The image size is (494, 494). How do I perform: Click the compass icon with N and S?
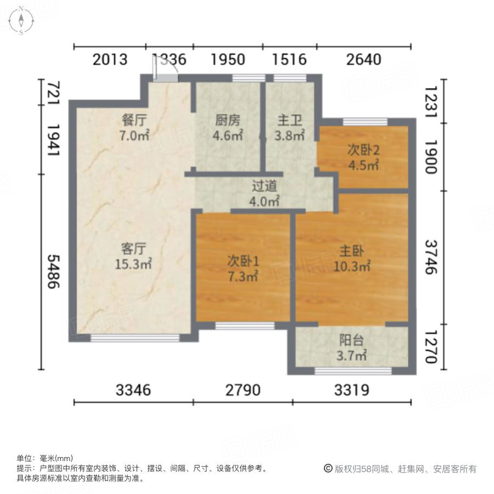click(x=21, y=20)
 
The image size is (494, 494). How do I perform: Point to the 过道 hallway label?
click(x=264, y=187)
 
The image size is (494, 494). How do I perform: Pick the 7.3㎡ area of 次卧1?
click(x=243, y=277)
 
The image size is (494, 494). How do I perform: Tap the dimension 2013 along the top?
click(x=110, y=59)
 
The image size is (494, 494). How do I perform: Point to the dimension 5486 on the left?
click(x=53, y=273)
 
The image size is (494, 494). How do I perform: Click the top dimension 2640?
click(x=363, y=59)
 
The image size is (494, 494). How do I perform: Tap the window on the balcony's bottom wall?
click(x=353, y=371)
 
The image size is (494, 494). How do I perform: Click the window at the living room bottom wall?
click(x=134, y=338)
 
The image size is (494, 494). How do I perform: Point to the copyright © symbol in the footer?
click(x=328, y=469)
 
